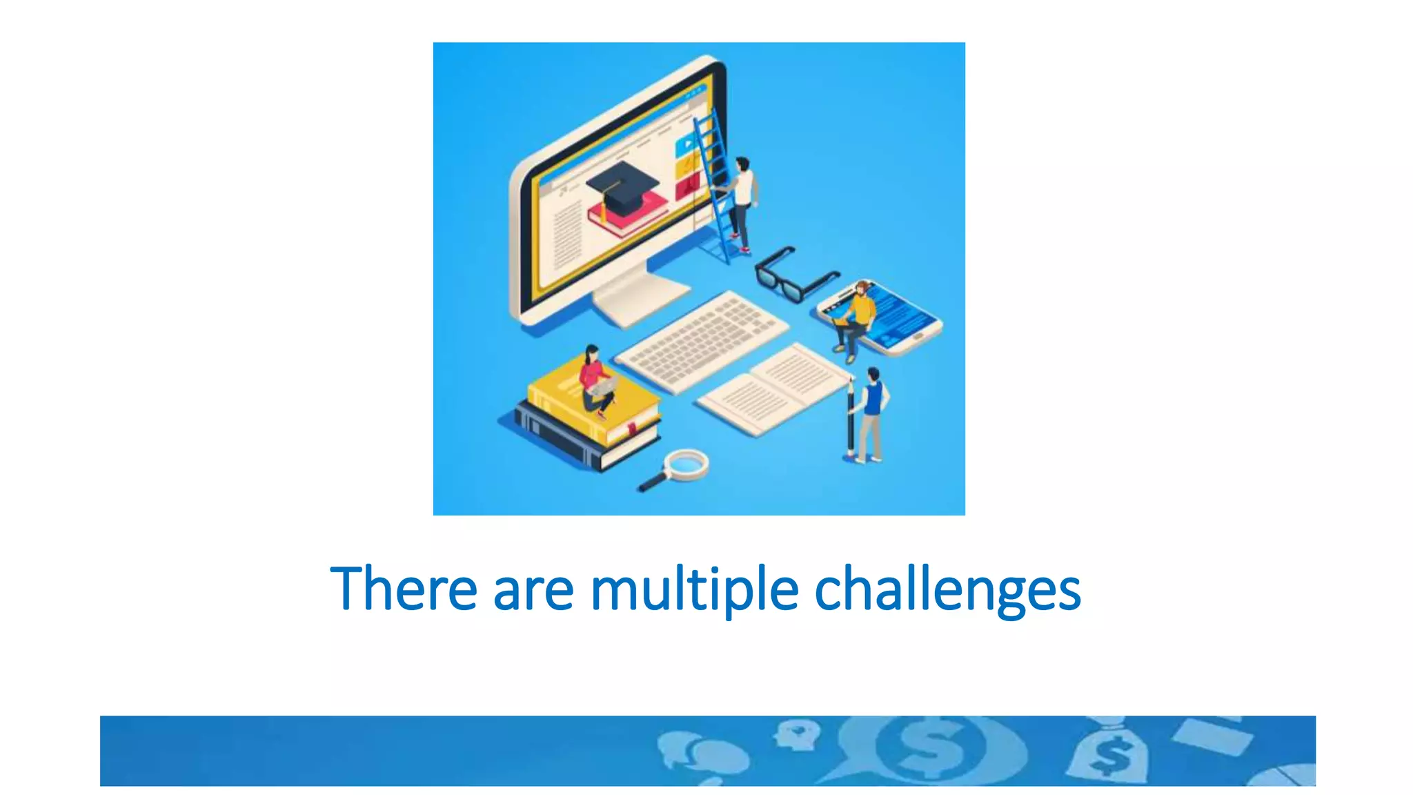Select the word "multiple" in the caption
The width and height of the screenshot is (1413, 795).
point(694,590)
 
